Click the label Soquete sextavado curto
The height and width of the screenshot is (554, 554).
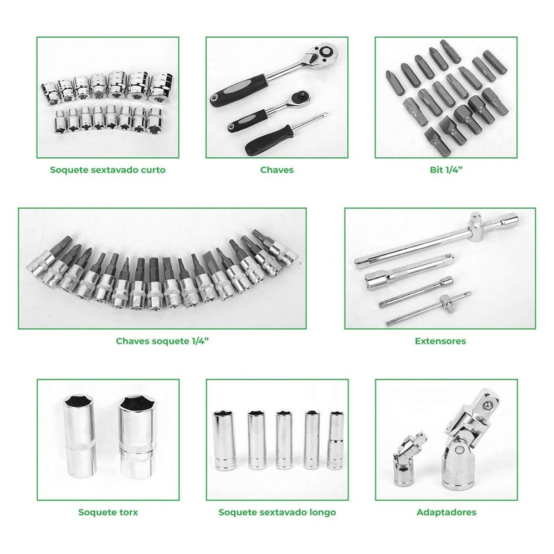[108, 170]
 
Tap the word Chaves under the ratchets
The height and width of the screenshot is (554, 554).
[277, 170]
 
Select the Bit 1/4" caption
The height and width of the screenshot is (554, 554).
[446, 170]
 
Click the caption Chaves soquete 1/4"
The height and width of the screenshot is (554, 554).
[162, 341]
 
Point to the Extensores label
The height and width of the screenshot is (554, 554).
[440, 341]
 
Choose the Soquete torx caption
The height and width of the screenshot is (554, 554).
[108, 512]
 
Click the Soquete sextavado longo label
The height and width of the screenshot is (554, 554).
[277, 512]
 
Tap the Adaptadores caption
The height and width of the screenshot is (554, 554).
[446, 512]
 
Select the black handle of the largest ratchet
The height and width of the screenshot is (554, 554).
[238, 90]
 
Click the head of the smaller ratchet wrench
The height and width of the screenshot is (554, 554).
[300, 97]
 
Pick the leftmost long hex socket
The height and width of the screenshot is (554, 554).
[224, 440]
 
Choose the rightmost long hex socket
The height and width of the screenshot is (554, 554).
[335, 440]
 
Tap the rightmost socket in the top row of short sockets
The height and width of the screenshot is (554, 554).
[162, 85]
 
